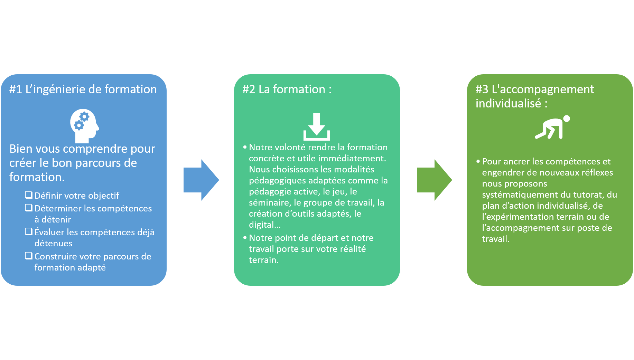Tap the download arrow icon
click(x=316, y=127)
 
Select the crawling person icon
click(x=552, y=127)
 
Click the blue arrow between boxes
click(x=201, y=180)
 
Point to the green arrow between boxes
click(x=434, y=180)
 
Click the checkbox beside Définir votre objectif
click(x=29, y=195)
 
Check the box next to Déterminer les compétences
click(x=29, y=208)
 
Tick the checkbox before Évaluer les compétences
click(x=29, y=231)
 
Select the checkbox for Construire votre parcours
click(x=29, y=256)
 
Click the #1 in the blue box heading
click(x=16, y=89)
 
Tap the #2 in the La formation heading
click(x=249, y=89)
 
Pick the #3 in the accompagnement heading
click(x=482, y=89)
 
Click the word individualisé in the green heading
click(x=508, y=103)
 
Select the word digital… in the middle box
click(x=264, y=225)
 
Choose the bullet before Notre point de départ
click(x=245, y=238)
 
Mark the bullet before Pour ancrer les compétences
click(x=478, y=161)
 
